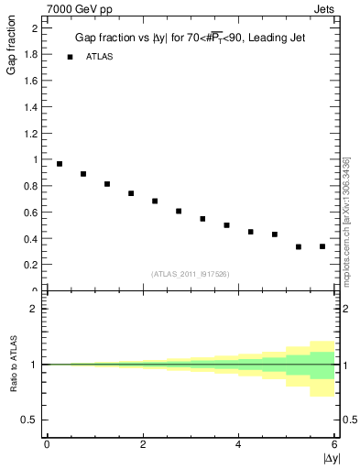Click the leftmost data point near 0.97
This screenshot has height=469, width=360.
coord(60,164)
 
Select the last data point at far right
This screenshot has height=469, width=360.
coord(322,246)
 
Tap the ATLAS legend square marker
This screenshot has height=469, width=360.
coord(70,57)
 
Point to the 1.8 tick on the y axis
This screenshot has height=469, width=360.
coord(31,54)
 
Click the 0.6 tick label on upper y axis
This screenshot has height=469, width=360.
coord(31,213)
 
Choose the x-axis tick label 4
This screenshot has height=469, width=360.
coord(239,444)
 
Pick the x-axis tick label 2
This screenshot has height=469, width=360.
coord(143,444)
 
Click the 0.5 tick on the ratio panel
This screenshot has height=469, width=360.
coord(29,420)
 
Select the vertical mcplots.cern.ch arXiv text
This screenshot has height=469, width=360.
coord(345,220)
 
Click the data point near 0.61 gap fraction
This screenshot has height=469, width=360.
coord(179,211)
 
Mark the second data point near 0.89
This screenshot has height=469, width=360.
coord(83,174)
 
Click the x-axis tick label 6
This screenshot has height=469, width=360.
coord(334,444)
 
